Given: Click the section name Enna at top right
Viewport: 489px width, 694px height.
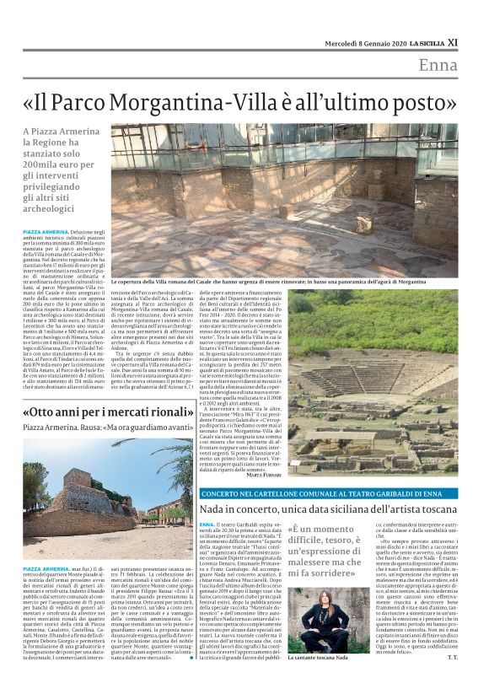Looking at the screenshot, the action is [438, 66].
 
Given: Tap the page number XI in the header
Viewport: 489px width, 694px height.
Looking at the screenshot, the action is [453, 42].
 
